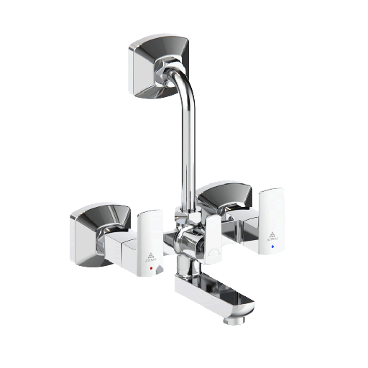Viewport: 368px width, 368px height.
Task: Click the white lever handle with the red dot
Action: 150,241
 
